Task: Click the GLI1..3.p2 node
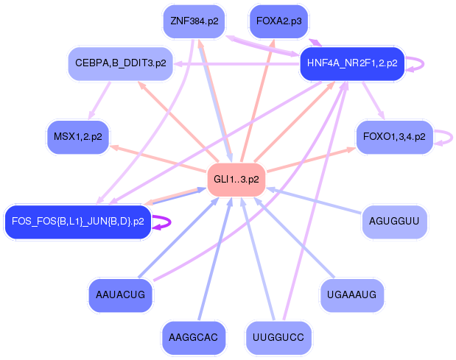click(x=236, y=180)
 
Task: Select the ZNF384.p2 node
click(x=194, y=21)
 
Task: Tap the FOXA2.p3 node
click(x=279, y=21)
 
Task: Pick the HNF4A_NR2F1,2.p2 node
click(x=352, y=63)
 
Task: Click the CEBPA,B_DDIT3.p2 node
click(x=120, y=63)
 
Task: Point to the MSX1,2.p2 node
click(x=78, y=137)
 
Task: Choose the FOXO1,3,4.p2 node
click(x=394, y=137)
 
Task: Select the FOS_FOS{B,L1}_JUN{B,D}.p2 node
click(x=78, y=222)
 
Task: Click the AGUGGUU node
click(x=394, y=222)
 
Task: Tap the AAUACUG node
click(x=120, y=295)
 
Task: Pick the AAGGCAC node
click(x=194, y=338)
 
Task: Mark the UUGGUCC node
click(x=278, y=338)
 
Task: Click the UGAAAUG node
click(x=351, y=295)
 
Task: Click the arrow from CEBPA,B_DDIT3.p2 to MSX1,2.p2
click(x=99, y=101)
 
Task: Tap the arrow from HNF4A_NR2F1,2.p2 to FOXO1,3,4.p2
click(x=373, y=101)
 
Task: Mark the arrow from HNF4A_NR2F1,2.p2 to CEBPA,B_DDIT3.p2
click(x=236, y=63)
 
